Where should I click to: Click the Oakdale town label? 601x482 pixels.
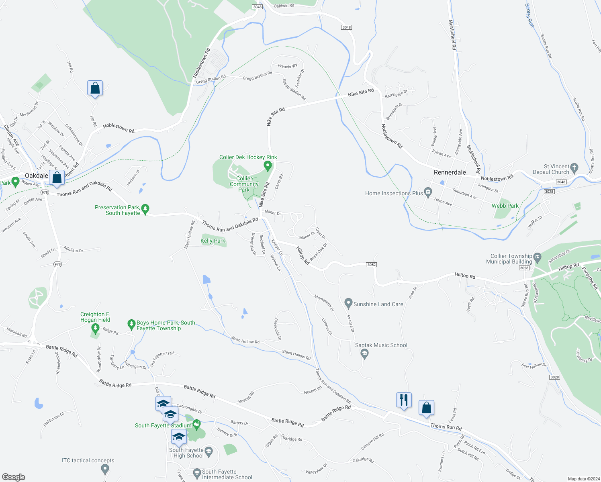pos(37,176)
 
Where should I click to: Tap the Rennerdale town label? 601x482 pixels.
pos(450,172)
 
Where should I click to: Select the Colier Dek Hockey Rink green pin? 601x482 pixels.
pos(268,165)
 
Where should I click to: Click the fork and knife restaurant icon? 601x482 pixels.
pos(404,400)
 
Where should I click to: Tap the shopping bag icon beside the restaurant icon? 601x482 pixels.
pos(427,408)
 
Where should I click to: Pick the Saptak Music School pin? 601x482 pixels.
pos(364,353)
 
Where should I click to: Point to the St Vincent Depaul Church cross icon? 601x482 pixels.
pos(574,167)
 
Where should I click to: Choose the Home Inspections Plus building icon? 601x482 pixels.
pos(428,192)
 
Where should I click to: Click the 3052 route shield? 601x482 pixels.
pos(371,265)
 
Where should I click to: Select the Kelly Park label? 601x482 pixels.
pos(213,241)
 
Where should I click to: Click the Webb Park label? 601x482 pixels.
pos(505,206)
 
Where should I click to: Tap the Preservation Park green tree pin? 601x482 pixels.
pos(145,209)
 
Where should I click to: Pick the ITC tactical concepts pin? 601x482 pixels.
pos(105,468)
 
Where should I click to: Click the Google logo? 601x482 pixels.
pos(13,477)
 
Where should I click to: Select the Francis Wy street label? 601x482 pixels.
pos(288,66)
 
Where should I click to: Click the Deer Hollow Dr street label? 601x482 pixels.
pos(534,366)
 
